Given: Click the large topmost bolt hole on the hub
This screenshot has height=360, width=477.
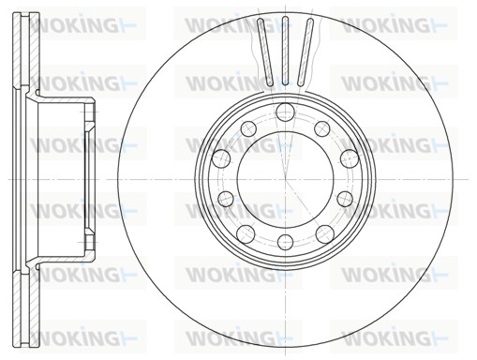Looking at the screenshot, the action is click(x=286, y=112).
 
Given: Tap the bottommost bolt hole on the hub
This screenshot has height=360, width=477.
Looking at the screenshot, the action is click(x=286, y=242).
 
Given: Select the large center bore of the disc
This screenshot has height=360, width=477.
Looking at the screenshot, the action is click(x=286, y=179).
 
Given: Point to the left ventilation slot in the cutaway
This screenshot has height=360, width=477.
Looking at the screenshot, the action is click(x=265, y=52).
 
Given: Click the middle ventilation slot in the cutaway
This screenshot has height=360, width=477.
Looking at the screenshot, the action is click(x=285, y=51).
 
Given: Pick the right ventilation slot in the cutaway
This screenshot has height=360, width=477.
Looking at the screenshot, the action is click(x=306, y=52).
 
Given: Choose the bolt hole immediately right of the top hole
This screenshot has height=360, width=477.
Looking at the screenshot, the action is click(x=322, y=128).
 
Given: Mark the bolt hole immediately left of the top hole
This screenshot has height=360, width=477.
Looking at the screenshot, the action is click(x=248, y=128).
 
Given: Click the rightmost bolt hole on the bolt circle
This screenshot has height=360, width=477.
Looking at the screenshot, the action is click(x=350, y=158).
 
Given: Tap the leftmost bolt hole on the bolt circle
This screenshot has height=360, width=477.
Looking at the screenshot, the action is click(x=221, y=158).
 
